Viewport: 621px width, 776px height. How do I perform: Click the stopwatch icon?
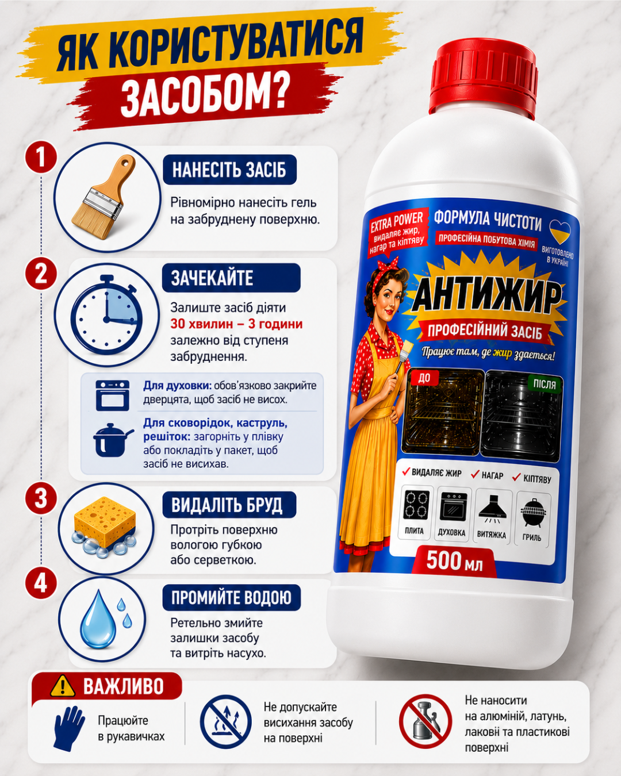coord(107,314)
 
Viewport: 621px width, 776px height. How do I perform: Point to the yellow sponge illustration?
coord(104,527)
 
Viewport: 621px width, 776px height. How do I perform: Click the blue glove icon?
coord(68,728)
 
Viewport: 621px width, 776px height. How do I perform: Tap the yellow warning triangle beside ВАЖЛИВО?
coord(63,686)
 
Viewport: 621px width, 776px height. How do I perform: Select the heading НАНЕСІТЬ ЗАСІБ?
coord(229,170)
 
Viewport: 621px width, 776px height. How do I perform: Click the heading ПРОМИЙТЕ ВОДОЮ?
coord(231,597)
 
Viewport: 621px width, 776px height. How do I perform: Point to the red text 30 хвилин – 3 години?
coord(236,324)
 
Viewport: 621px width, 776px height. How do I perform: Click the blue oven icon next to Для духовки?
coord(112,395)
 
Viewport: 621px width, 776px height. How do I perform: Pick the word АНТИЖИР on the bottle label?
coord(486,298)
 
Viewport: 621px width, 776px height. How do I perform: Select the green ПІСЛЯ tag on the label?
coord(545,385)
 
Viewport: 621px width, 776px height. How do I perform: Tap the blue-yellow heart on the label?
coord(559,232)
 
